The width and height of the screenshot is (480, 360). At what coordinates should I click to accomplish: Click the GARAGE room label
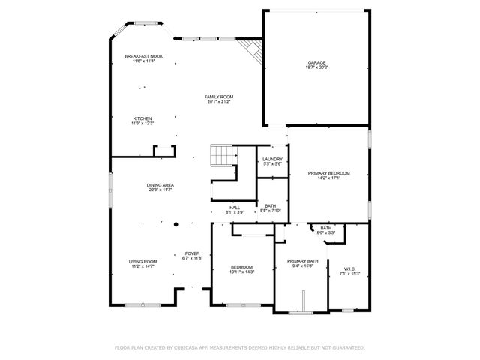[316, 62]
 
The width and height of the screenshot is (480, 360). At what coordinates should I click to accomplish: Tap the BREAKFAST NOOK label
[143, 57]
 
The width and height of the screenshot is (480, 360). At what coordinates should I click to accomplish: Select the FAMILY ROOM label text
[220, 97]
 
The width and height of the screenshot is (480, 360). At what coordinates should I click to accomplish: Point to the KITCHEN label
[142, 118]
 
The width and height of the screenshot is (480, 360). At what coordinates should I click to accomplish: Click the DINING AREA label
[160, 184]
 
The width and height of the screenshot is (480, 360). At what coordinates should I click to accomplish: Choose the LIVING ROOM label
[142, 261]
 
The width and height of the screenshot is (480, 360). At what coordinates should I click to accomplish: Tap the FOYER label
[192, 253]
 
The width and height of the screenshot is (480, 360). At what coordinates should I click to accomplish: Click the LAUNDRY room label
[272, 159]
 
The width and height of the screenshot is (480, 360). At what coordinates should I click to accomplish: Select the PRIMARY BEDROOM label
[329, 173]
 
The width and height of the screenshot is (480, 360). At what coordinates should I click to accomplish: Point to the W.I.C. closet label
[350, 268]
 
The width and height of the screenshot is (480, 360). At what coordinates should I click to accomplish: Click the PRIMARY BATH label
[303, 261]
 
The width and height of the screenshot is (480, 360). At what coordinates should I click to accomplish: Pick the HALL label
[235, 207]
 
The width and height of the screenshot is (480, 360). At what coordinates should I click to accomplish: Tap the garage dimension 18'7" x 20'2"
[316, 67]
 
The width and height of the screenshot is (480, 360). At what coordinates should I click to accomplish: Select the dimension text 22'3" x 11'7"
[160, 190]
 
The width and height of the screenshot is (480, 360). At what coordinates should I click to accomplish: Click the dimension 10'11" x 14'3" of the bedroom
[241, 271]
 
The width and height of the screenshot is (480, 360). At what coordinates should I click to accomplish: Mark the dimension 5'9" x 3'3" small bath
[326, 232]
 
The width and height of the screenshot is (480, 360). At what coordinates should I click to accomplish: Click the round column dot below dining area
[176, 223]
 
